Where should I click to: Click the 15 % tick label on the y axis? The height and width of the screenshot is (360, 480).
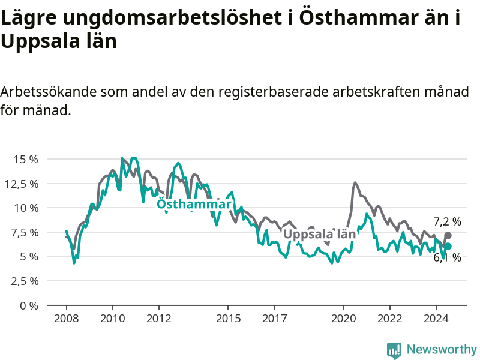coord(26,159)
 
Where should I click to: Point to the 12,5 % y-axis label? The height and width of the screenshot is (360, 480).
coord(22,184)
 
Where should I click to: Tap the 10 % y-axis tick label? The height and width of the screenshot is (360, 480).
coord(26,208)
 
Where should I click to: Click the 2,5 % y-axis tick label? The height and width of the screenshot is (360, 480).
coord(25,281)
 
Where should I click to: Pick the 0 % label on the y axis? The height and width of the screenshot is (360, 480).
coord(29,305)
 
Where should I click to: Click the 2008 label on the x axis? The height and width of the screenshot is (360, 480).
coord(67,319)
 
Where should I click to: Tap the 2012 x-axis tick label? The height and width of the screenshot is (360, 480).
coord(159,319)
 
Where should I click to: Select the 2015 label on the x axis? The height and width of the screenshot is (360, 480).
coord(229,319)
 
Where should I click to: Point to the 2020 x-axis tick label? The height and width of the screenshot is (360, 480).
coord(344,319)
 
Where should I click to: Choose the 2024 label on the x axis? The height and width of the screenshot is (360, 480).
coord(436,319)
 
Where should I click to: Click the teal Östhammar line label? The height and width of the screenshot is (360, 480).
coord(194,204)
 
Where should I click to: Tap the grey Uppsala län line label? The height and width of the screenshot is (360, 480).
coord(320,234)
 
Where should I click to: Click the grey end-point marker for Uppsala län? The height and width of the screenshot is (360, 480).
coord(448,235)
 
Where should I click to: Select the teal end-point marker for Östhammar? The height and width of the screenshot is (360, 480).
coord(448,246)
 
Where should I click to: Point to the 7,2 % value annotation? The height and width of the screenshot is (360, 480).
coord(447,221)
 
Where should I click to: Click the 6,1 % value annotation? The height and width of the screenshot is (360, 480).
coord(447,257)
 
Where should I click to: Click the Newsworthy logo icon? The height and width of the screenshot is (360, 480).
coord(394,350)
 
